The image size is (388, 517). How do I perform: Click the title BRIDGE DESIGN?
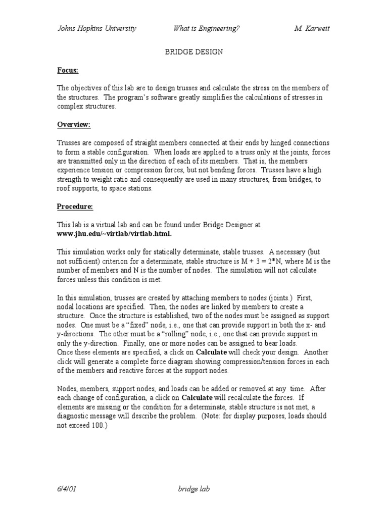click(x=194, y=52)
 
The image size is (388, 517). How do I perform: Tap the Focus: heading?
click(x=67, y=70)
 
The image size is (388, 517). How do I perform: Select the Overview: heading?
click(x=73, y=125)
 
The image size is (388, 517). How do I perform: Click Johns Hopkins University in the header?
click(x=96, y=29)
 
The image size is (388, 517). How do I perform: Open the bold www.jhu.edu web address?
click(x=114, y=233)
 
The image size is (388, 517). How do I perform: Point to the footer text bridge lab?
click(x=193, y=489)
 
